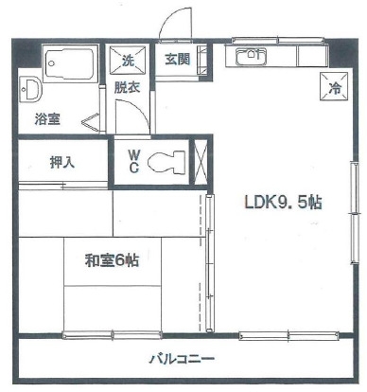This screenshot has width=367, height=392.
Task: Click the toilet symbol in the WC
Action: [x=166, y=162]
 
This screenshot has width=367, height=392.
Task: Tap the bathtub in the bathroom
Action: [x=70, y=63]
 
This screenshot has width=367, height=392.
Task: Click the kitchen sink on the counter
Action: [x=252, y=57]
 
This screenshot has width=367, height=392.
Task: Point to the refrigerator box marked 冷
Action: [x=334, y=86]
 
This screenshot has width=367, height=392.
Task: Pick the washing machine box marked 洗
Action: [x=128, y=61]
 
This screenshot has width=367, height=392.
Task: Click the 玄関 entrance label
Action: [x=178, y=60]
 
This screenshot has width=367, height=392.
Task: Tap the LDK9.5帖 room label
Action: [x=283, y=202]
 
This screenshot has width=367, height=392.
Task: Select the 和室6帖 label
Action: [x=112, y=260]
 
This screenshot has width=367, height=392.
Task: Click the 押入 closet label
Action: [x=62, y=163]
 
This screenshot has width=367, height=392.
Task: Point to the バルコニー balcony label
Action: [x=182, y=359]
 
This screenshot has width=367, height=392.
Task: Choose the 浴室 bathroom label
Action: [x=47, y=118]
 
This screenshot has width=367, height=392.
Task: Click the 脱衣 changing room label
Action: [x=127, y=87]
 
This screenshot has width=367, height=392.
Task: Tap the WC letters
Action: [x=134, y=161]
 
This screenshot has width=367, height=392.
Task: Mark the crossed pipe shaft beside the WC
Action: [x=200, y=162]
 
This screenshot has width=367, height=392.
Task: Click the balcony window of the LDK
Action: [x=288, y=335]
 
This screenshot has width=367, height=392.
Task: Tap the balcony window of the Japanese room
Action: [x=112, y=335]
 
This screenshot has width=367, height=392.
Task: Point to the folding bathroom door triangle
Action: [x=91, y=122]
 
